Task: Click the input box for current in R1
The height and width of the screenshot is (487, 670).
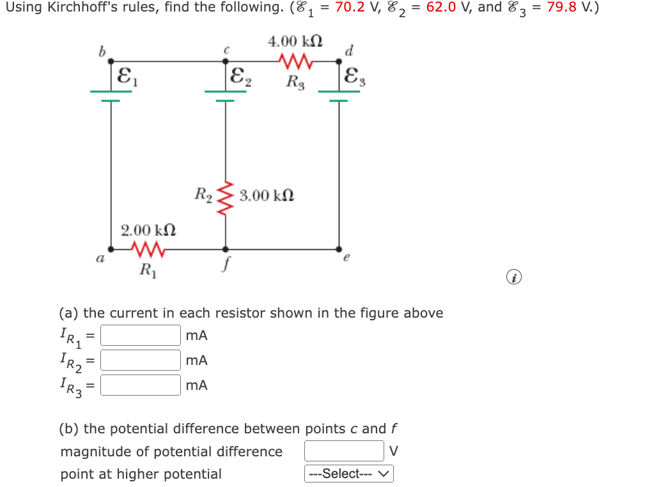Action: coord(140,335)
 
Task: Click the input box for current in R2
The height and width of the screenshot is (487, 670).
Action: coord(140,360)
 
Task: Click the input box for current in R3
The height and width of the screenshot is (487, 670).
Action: coord(140,385)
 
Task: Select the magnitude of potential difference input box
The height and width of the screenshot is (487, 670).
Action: coord(344,451)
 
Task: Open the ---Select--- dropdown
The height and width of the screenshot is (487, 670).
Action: coord(349,474)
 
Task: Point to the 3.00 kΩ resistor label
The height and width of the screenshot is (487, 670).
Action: coord(267,195)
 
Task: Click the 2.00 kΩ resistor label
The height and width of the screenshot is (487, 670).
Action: coord(148,229)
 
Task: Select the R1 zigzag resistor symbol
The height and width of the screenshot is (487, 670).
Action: coord(148,249)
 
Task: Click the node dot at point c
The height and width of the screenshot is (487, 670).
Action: coord(225,62)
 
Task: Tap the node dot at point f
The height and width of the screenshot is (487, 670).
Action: coord(225,249)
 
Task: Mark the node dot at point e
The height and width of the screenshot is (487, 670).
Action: coord(339,249)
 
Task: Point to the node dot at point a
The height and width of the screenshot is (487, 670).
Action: coord(111,249)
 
